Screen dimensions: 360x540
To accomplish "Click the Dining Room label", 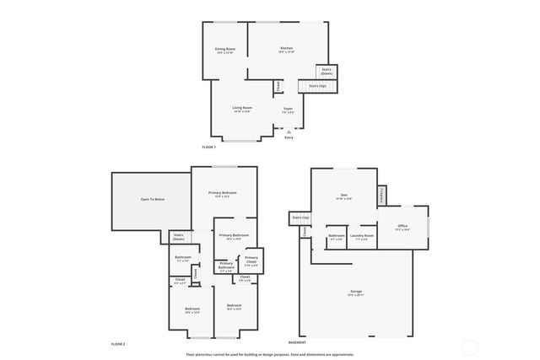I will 224,50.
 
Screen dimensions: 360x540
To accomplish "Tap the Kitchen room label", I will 287,49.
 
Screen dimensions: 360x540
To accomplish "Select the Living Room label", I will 242,108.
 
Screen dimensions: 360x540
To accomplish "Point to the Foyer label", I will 288,108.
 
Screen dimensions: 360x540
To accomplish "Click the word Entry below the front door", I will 289,137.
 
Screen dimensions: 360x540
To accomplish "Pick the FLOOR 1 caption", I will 209,148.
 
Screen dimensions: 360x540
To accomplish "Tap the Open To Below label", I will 153,199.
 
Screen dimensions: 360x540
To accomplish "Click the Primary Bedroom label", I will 223,193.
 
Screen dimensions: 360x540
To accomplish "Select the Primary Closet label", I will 251,260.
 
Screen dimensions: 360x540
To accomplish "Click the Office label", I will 402,226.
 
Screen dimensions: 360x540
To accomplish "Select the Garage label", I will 356,292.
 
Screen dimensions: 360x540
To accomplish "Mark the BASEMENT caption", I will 297,343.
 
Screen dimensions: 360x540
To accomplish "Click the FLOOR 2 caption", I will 118,344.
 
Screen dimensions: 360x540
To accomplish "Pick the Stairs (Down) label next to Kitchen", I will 327,72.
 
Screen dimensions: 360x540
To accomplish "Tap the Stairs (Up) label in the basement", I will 300,218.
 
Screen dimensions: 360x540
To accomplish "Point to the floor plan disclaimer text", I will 270,355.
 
